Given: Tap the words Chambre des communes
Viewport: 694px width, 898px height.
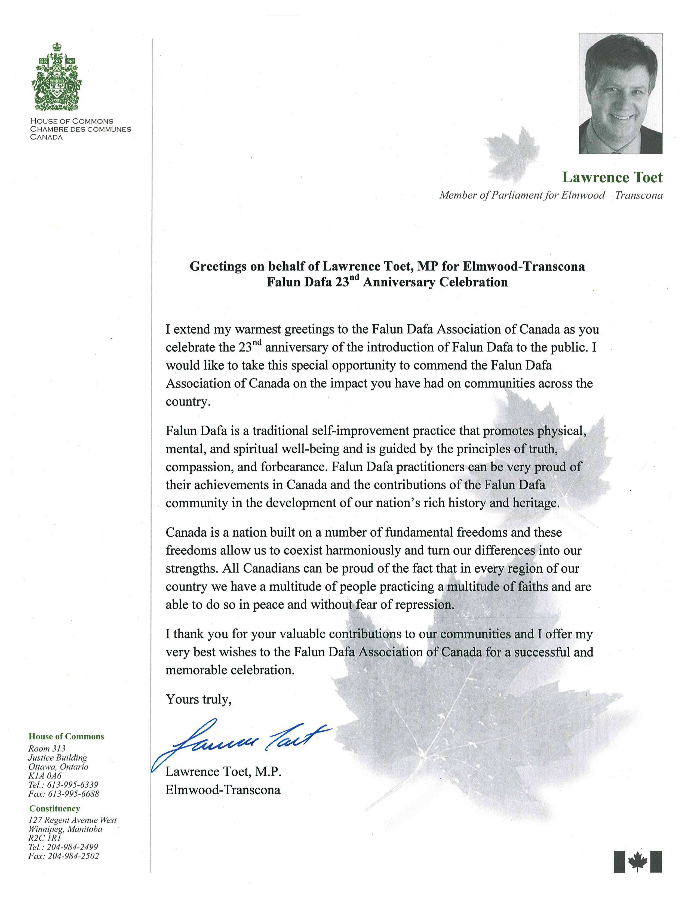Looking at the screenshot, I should [81, 129].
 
